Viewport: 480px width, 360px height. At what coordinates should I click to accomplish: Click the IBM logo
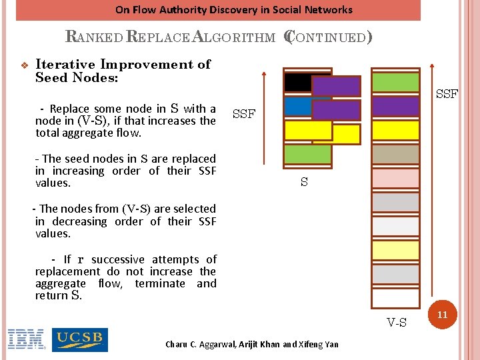pos(25,339)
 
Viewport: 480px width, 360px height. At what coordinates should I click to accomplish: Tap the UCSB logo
pos(79,339)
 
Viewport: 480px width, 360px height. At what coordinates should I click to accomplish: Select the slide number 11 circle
pos(442,314)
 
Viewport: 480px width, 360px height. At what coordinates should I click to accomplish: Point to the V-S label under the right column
pos(397,323)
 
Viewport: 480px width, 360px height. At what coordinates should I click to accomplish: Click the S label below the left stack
pos(304,182)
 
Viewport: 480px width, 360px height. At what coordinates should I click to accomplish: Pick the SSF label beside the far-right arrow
pos(447,94)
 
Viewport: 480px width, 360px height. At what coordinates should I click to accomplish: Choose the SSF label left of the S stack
pos(244,114)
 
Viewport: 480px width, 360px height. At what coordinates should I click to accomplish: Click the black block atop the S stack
pos(297,82)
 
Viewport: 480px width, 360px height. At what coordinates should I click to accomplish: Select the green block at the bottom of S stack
pos(307,155)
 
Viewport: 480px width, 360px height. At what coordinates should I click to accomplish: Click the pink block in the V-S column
pos(395,178)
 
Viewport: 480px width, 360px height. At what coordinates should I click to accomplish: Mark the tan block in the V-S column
pos(395,154)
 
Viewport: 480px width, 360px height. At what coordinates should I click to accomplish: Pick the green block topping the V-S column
pos(395,82)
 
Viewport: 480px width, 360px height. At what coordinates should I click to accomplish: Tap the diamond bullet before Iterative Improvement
pos(24,65)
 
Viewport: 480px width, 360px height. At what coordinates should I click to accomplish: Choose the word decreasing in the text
pos(107,221)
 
